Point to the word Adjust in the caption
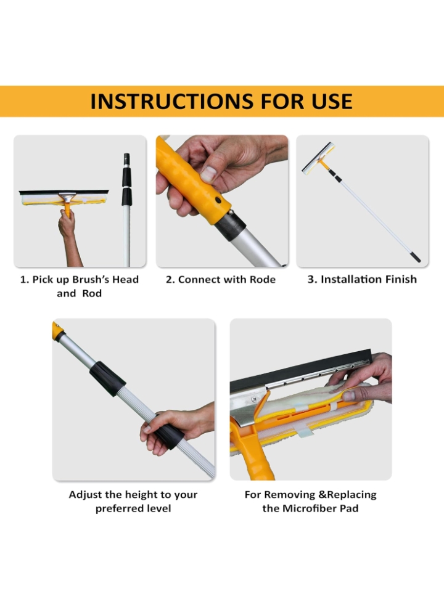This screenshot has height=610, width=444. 86,494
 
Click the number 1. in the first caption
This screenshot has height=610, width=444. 25,279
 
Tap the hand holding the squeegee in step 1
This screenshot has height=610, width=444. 67,226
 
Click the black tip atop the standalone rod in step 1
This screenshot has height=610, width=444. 126,158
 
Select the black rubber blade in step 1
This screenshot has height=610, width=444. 64,192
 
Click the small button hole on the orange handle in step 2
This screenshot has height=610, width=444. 217,200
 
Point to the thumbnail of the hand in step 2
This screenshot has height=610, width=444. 208,174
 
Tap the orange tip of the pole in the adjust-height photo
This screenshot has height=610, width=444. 58,332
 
